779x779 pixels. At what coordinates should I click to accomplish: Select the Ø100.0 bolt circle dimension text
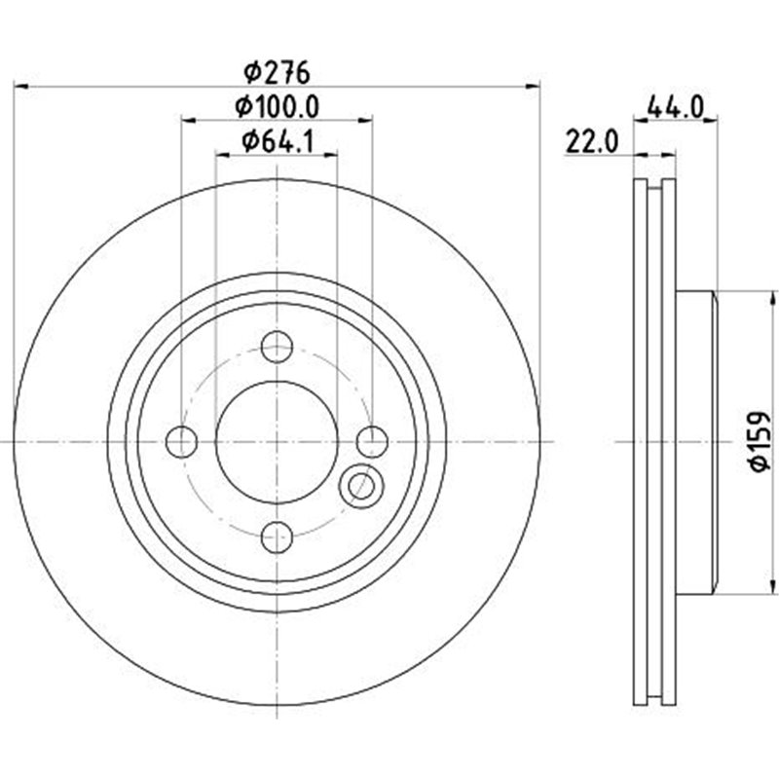pos(278,106)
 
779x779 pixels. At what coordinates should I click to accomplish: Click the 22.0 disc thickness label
pos(590,142)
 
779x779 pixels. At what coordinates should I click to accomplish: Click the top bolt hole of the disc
pos(278,346)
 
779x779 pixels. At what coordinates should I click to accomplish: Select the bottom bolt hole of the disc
pos(278,537)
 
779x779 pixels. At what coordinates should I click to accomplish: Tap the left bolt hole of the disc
pos(182,441)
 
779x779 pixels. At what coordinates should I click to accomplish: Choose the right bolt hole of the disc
pos(372,441)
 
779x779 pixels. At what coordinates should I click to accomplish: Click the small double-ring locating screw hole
pos(359,484)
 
